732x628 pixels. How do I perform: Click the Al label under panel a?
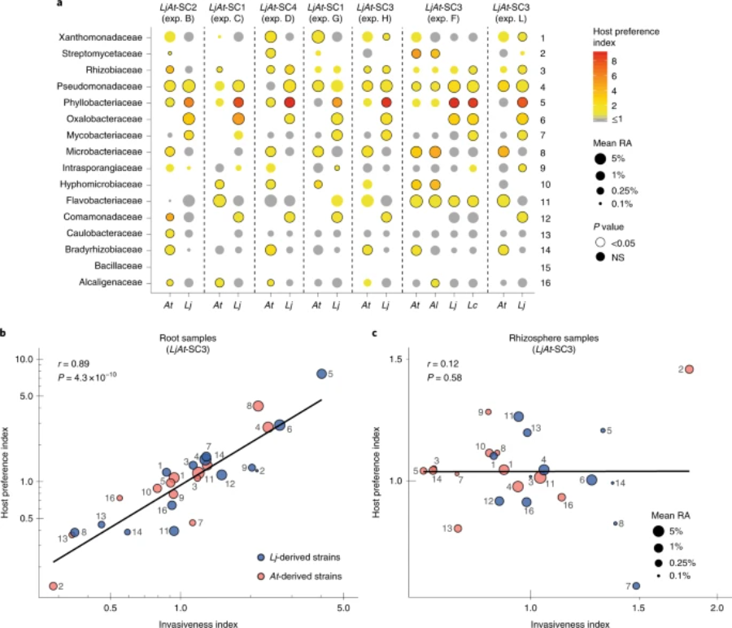tap(435, 304)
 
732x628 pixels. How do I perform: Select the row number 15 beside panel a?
tap(542, 266)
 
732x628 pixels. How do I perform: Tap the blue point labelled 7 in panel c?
tap(636, 586)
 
